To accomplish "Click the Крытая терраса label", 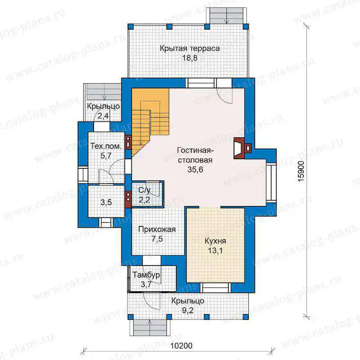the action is (189, 49).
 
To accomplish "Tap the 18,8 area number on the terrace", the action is (189, 58).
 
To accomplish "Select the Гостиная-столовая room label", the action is (195, 155).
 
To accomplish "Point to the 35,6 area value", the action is (195, 170).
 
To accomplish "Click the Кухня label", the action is (215, 241).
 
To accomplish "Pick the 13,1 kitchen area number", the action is (215, 251).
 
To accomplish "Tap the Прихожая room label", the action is (157, 229).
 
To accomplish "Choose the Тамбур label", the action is (146, 275).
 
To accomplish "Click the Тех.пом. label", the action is (106, 146).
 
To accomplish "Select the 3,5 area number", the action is (106, 202).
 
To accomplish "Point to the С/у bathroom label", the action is (144, 190).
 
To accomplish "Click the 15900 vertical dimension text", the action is (301, 171).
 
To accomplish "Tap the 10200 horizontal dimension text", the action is (181, 346).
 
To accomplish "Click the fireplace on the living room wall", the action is (243, 148).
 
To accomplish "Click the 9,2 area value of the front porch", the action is (188, 310).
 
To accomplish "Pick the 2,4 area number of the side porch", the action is (103, 116).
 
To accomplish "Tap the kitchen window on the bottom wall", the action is (215, 288).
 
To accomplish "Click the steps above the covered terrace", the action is (227, 16).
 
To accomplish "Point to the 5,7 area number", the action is (106, 156).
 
